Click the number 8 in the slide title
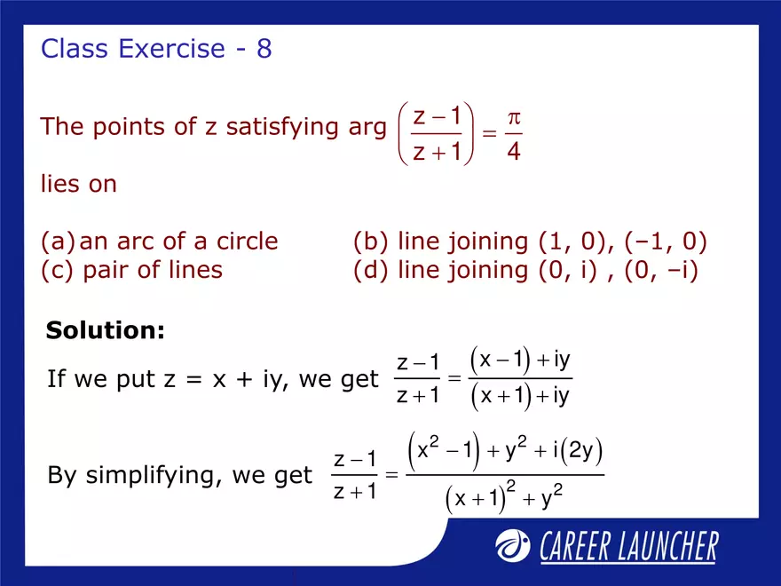click(x=264, y=49)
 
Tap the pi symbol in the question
click(x=513, y=117)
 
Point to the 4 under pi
click(x=513, y=153)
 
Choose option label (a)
click(x=56, y=242)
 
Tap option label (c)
click(x=58, y=270)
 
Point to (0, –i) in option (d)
click(x=661, y=270)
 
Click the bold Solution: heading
click(x=106, y=331)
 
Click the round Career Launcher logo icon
click(x=513, y=546)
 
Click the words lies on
click(x=79, y=185)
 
